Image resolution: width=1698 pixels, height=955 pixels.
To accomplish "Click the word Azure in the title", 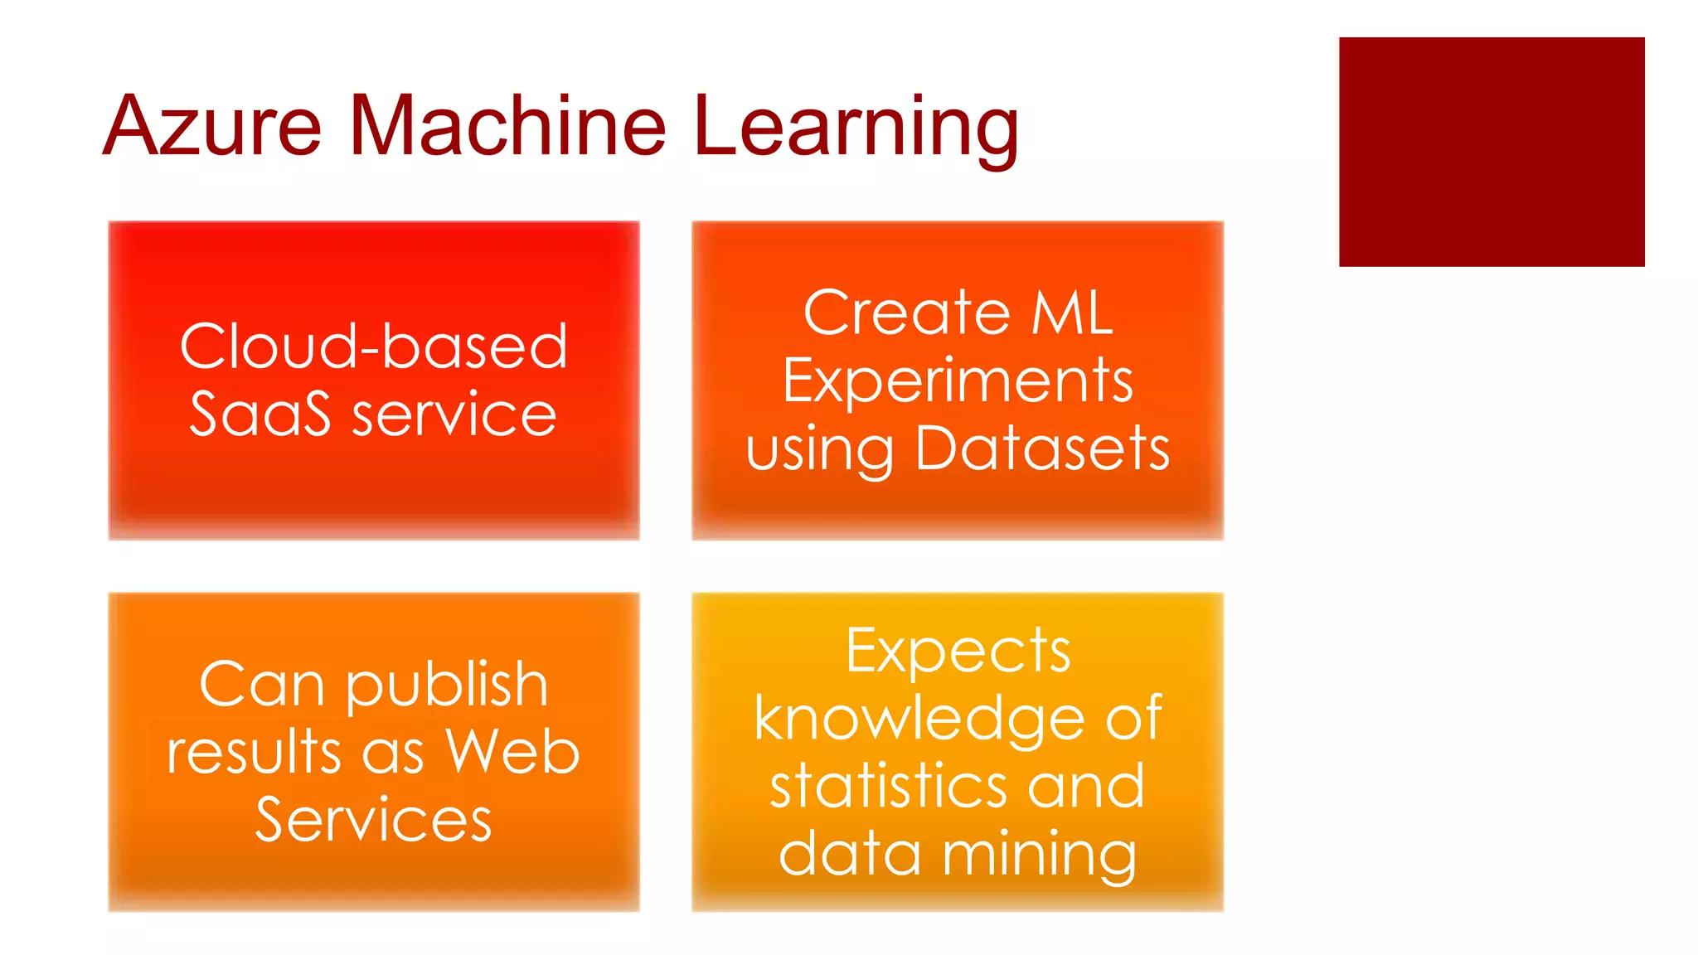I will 211,126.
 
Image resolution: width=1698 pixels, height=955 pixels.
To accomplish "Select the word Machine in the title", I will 507,126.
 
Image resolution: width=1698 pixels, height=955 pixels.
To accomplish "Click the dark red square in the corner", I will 1491,152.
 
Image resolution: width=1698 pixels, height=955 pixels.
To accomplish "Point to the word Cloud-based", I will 374,347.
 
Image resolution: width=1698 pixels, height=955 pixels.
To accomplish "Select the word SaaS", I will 260,414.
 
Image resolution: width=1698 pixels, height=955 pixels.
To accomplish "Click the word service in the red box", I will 454,414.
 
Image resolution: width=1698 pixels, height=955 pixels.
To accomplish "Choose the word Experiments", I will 958,382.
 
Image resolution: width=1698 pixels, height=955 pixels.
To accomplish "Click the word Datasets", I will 1042,449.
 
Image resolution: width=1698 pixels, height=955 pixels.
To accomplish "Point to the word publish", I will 447,686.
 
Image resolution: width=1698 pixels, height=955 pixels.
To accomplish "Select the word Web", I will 512,753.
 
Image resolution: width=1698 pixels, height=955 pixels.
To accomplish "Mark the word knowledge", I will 919,720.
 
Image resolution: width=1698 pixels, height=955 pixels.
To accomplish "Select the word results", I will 255,753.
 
